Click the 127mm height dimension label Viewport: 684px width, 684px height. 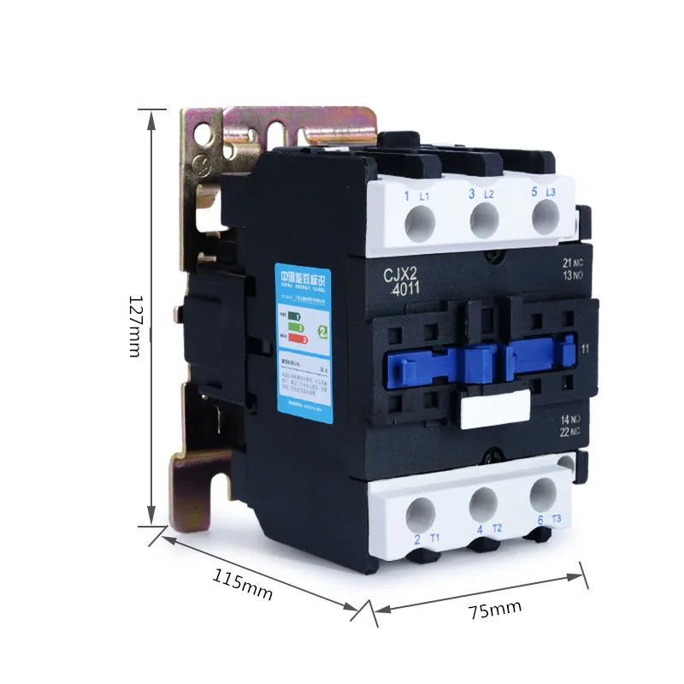138,326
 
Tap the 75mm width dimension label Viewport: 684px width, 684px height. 494,610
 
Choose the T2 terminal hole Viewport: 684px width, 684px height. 484,504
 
